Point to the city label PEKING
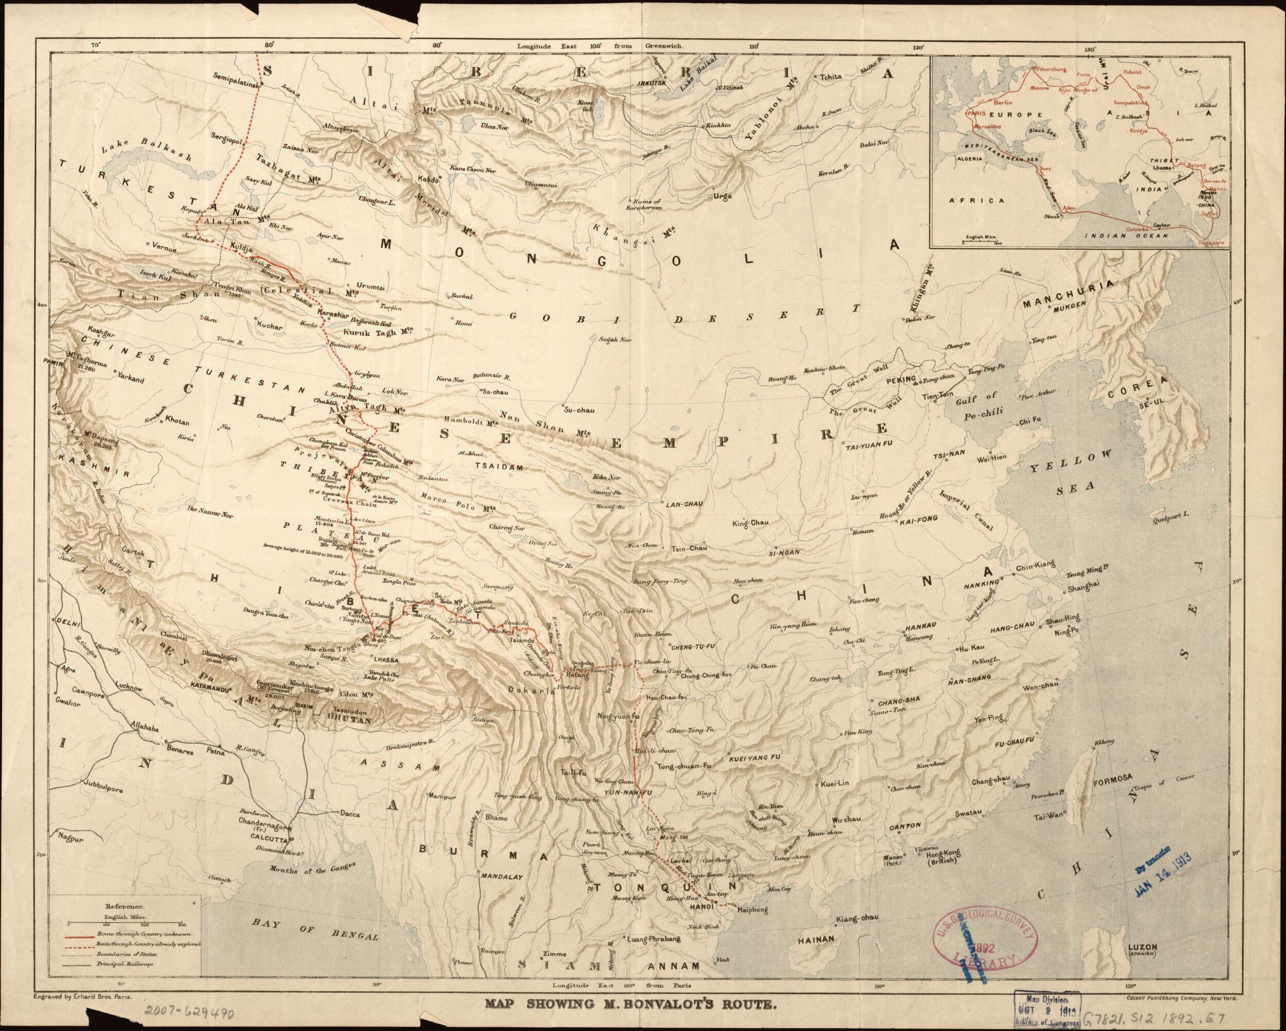coord(900,380)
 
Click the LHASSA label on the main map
coord(385,660)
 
